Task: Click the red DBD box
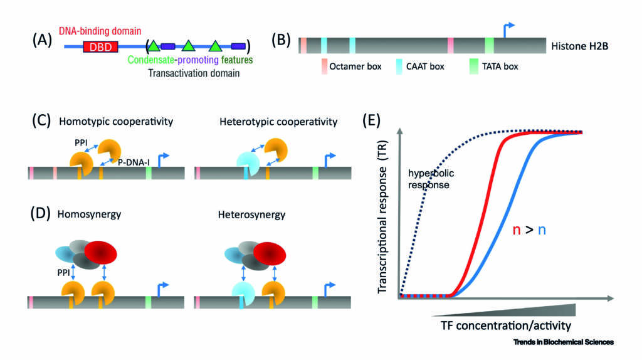click(100, 46)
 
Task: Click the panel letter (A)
click(42, 40)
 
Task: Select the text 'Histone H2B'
click(579, 46)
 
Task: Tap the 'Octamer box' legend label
click(355, 66)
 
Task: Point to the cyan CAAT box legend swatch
click(399, 66)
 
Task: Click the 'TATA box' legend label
click(500, 66)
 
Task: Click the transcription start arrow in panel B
click(508, 30)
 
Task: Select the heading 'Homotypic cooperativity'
click(116, 122)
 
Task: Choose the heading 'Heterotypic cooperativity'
click(278, 122)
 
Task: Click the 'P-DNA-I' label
click(134, 162)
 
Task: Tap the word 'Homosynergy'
click(89, 214)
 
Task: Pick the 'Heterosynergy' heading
click(251, 214)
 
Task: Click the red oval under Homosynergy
click(101, 253)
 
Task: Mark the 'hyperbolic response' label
click(431, 179)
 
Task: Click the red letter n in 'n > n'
click(517, 230)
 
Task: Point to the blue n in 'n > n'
click(542, 230)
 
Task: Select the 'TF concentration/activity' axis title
click(506, 326)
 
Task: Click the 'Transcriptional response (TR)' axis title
click(382, 216)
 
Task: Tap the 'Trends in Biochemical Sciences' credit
click(564, 342)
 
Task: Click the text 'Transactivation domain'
click(194, 73)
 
